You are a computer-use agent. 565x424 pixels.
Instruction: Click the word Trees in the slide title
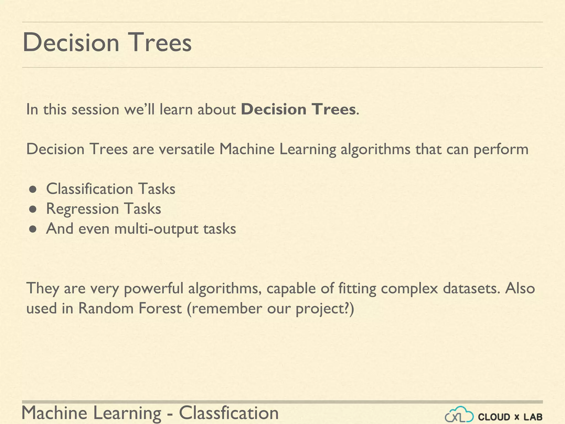(x=159, y=43)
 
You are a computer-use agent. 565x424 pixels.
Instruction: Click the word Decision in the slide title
(x=71, y=43)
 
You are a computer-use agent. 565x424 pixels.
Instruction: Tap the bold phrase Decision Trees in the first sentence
(x=298, y=109)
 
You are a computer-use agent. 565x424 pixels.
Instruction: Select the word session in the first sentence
(x=95, y=109)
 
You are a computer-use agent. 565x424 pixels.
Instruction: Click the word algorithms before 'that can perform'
(x=375, y=150)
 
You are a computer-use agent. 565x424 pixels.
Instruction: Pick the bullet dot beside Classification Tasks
(x=33, y=190)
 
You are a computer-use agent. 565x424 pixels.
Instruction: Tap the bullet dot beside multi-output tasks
(x=33, y=229)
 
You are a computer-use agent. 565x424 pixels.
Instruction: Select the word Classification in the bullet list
(x=90, y=189)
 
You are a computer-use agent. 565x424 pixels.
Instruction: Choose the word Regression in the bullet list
(x=82, y=209)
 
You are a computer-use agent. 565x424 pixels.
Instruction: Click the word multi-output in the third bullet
(x=156, y=229)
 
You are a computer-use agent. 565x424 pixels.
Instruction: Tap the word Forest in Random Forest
(x=160, y=308)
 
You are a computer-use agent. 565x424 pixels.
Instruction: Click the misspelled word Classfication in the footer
(x=229, y=413)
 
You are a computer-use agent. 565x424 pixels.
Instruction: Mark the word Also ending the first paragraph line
(x=520, y=288)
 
